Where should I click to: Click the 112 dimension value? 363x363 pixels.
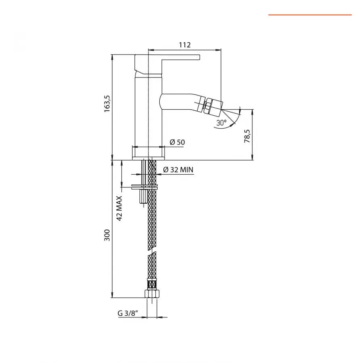pos(184,45)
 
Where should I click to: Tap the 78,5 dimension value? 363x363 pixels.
pos(247,136)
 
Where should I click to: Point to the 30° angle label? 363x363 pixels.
pos(221,123)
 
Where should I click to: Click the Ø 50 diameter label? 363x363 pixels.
pos(177,142)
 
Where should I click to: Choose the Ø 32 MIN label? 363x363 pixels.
pos(178,170)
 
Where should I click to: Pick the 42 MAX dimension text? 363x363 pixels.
pos(120,209)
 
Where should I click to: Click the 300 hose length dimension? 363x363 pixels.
pos(107,235)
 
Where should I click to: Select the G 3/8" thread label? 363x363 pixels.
pos(128,313)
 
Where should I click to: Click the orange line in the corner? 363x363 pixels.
pos(310,15)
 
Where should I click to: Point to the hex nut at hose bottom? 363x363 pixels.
pos(152,294)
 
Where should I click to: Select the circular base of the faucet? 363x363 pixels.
pos(148,153)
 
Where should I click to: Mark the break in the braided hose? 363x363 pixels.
pos(152,254)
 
